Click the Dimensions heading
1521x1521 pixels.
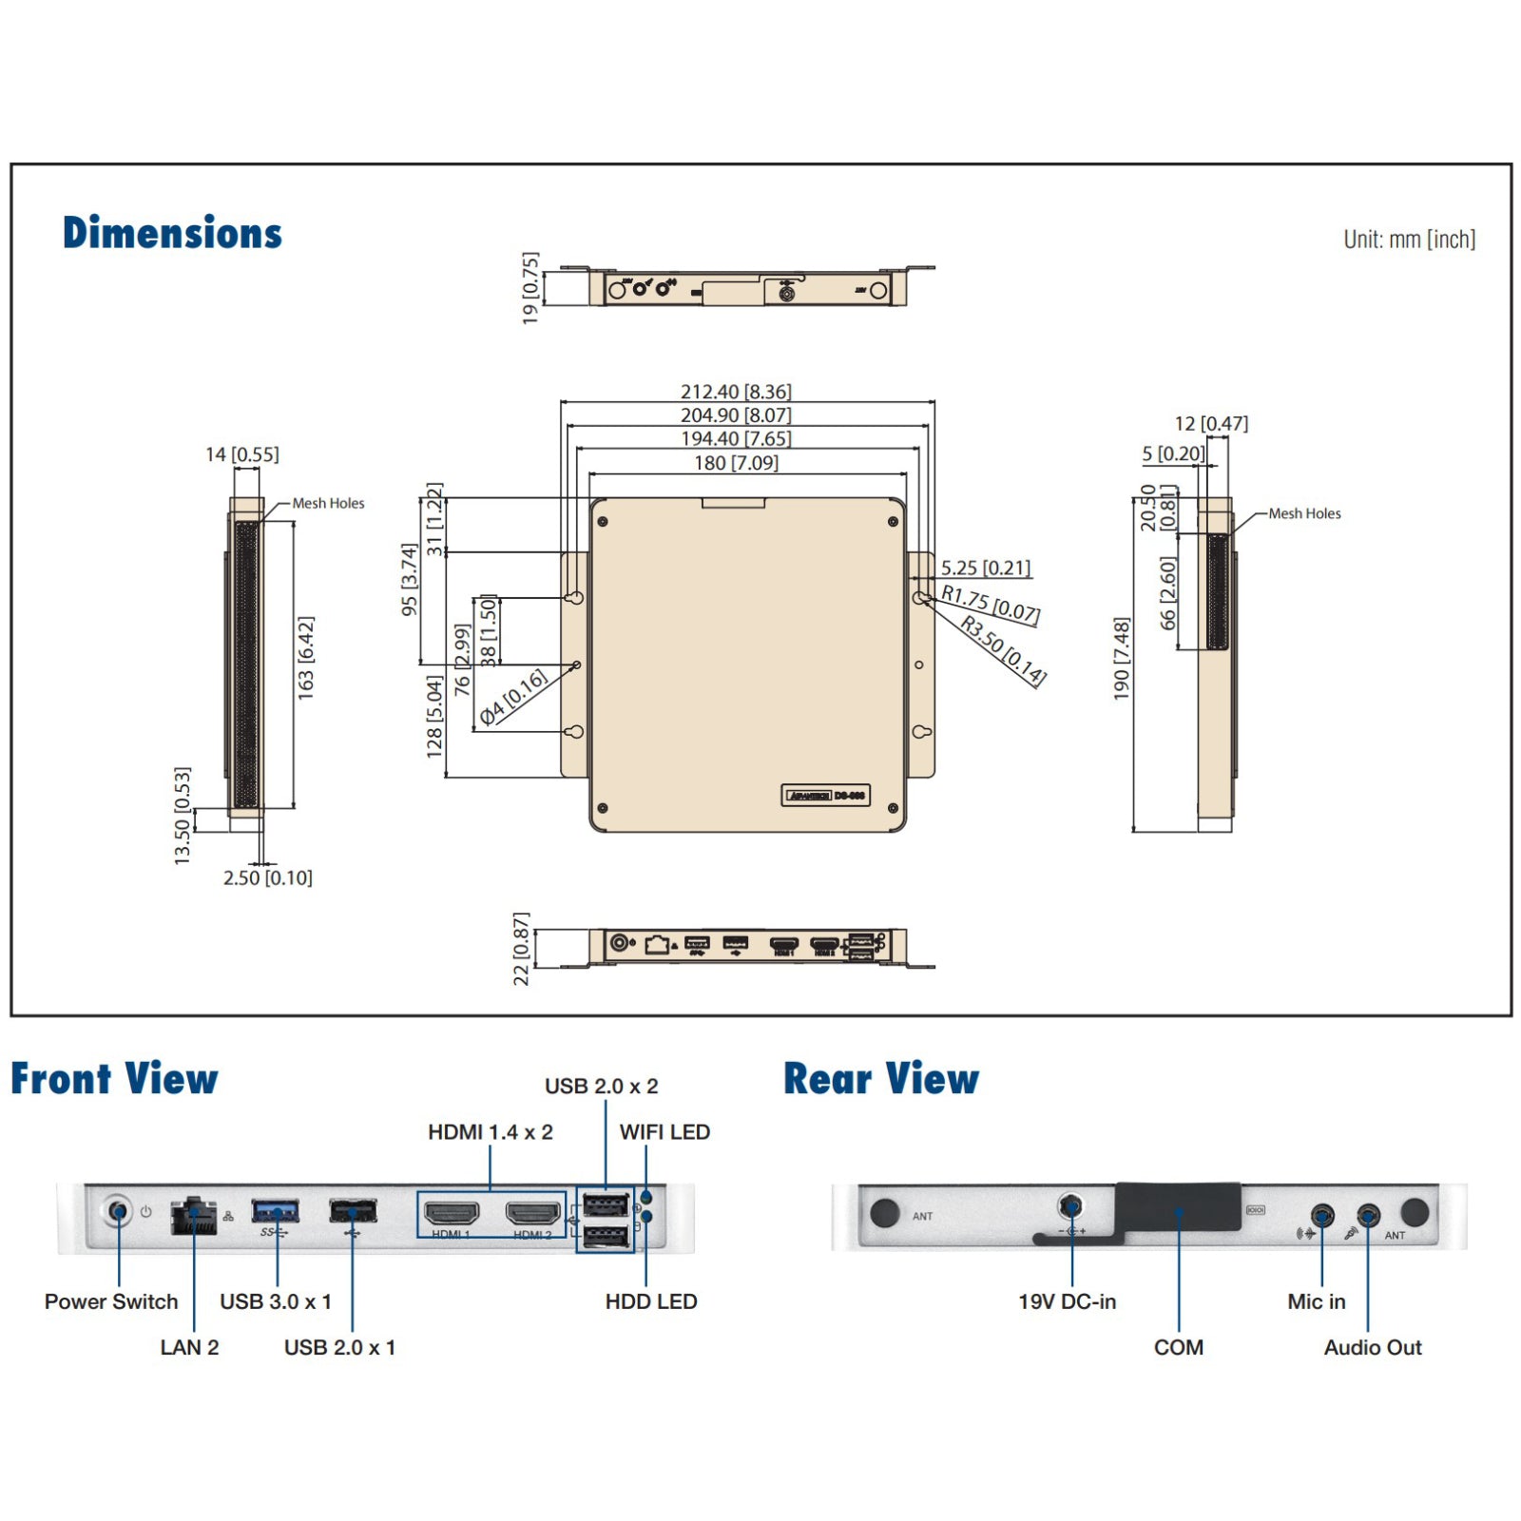pyautogui.click(x=172, y=233)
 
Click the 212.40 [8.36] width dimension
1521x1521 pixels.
pyautogui.click(x=736, y=392)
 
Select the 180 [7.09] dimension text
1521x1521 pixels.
pyautogui.click(x=736, y=463)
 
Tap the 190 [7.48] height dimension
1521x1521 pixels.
pyautogui.click(x=1122, y=658)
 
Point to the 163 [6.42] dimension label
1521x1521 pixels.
pyautogui.click(x=305, y=658)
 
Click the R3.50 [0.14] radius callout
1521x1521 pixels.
pyautogui.click(x=1004, y=650)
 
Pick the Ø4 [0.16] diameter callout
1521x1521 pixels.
pyautogui.click(x=513, y=697)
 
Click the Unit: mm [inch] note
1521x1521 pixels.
pyautogui.click(x=1409, y=240)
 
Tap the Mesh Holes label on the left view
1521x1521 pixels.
pyautogui.click(x=328, y=503)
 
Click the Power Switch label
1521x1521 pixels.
pyautogui.click(x=111, y=1301)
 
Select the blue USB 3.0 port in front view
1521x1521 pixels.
pyautogui.click(x=276, y=1211)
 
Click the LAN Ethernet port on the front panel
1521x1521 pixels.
pyautogui.click(x=194, y=1216)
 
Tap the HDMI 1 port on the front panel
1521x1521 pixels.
pyautogui.click(x=452, y=1213)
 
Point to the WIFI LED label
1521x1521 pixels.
pyautogui.click(x=664, y=1132)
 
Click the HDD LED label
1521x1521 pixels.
pyautogui.click(x=651, y=1301)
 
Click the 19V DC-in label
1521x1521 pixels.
pyautogui.click(x=1067, y=1301)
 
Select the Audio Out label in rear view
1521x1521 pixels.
pyautogui.click(x=1373, y=1347)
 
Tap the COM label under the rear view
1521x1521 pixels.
pyautogui.click(x=1179, y=1347)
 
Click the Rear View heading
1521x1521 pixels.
pyautogui.click(x=881, y=1079)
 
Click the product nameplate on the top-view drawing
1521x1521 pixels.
pyautogui.click(x=825, y=796)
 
